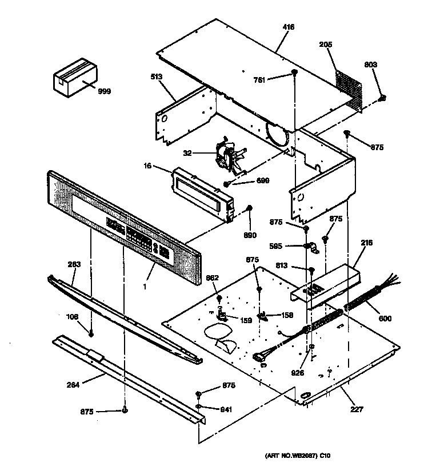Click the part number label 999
coord(104,91)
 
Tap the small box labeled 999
coord(75,75)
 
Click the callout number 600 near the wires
coord(385,319)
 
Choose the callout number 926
coord(297,373)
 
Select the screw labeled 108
coord(91,332)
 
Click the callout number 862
coord(212,278)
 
